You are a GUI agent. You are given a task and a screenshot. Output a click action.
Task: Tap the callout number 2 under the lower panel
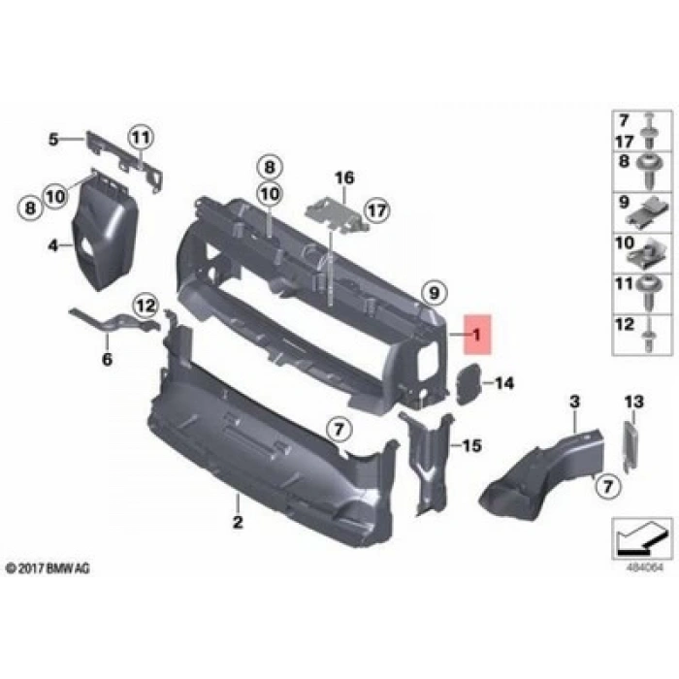(x=237, y=525)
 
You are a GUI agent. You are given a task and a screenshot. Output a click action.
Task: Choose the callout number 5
(x=53, y=139)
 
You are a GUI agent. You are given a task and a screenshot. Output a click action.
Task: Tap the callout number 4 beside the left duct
(x=53, y=246)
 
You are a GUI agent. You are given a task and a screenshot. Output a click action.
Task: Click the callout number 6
(x=108, y=361)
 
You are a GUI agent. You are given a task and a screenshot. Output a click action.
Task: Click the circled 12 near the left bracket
(x=144, y=307)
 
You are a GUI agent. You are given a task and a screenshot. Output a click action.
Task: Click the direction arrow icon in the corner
(x=639, y=534)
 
